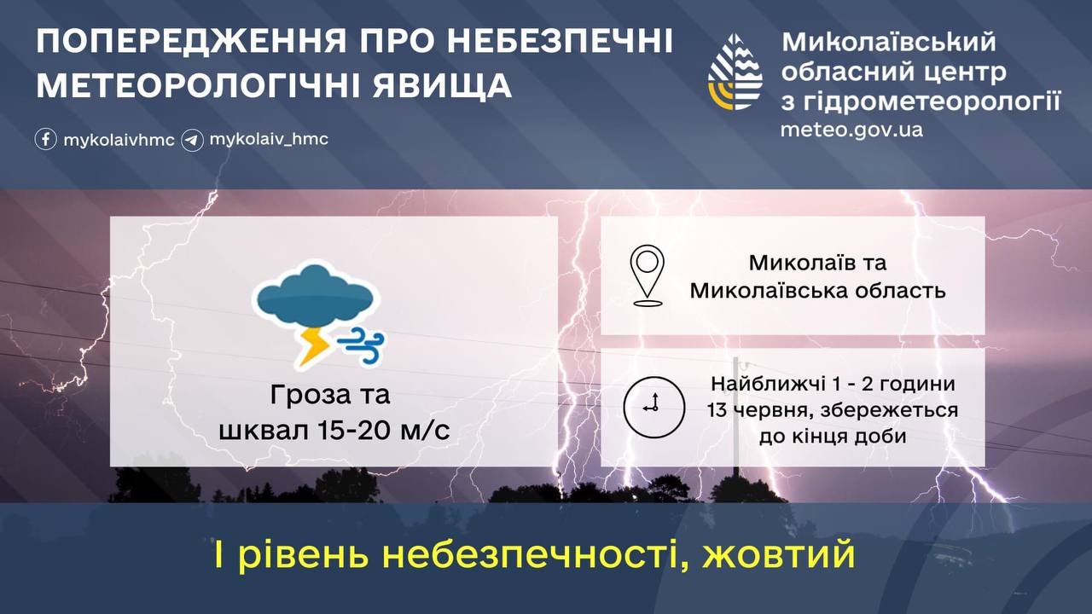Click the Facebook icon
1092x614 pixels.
click(x=45, y=139)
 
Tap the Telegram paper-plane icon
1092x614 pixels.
click(x=192, y=141)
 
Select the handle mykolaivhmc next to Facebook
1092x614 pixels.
click(x=119, y=141)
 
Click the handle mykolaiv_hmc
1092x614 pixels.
click(x=269, y=140)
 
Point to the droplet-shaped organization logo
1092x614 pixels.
click(x=735, y=72)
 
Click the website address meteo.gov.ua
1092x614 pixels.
click(x=851, y=130)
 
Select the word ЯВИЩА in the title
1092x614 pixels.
click(x=442, y=86)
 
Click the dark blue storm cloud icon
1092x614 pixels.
click(x=316, y=296)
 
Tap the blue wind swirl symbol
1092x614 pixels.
click(x=361, y=345)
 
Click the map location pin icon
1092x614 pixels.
click(x=647, y=275)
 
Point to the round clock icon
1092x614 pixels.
click(x=654, y=407)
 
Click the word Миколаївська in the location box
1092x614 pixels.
click(x=766, y=291)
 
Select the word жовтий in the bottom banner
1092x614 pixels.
click(x=779, y=554)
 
